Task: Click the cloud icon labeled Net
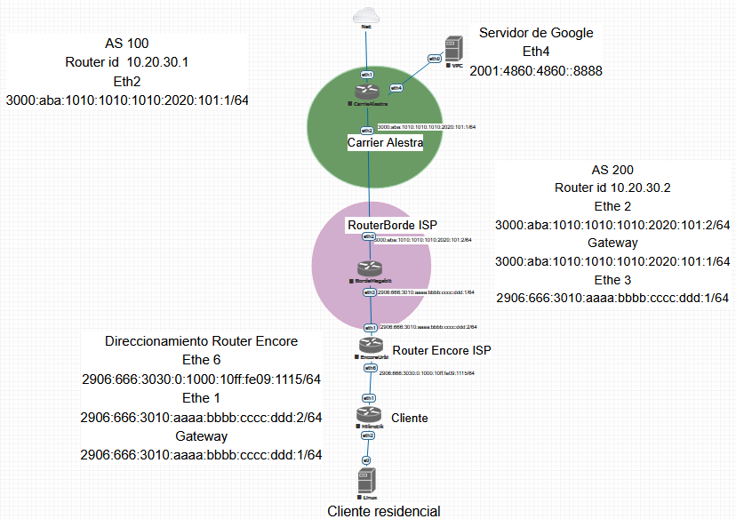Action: [x=365, y=15]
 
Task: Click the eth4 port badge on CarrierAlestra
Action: [x=396, y=88]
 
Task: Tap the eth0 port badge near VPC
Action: [x=434, y=59]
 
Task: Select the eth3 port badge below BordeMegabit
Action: [x=369, y=291]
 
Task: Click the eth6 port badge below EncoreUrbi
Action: [x=369, y=367]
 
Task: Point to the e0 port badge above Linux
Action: [x=365, y=459]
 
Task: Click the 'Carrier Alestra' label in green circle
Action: [x=384, y=142]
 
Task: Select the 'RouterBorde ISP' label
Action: [x=392, y=226]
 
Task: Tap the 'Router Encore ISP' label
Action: [x=441, y=351]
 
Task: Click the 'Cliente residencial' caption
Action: [x=383, y=510]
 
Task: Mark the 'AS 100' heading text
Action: [x=126, y=43]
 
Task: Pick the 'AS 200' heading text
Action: [x=612, y=169]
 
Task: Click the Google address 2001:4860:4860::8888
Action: [x=536, y=71]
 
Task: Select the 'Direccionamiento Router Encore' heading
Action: [x=201, y=341]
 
